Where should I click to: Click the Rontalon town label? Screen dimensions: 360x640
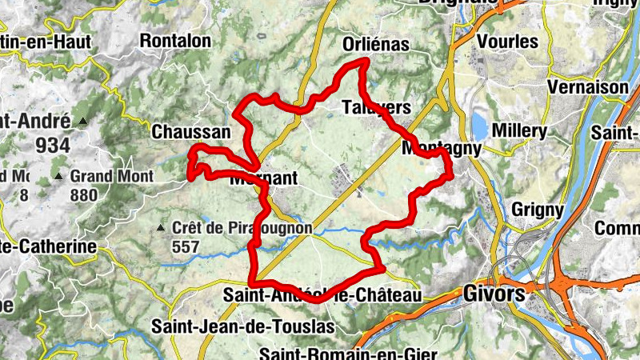[175, 40]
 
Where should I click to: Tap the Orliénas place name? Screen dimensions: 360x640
[374, 44]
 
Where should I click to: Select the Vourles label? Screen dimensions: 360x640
[507, 42]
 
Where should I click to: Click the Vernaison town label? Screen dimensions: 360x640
[589, 86]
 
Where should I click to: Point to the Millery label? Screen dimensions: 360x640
[521, 130]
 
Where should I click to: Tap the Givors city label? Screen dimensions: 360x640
[494, 294]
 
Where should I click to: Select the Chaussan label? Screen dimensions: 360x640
[190, 132]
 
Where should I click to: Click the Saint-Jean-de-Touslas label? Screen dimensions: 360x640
[231, 327]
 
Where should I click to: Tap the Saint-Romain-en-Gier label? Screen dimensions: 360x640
[348, 354]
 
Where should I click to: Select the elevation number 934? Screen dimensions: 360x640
[52, 146]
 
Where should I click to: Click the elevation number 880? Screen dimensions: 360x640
[83, 194]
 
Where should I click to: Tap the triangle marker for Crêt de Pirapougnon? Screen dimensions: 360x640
[161, 229]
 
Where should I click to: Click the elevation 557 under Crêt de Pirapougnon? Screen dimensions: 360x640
[185, 247]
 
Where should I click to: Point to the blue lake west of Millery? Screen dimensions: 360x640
[480, 126]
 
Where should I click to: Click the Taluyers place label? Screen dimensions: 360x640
[376, 107]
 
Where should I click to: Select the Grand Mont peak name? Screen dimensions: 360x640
[106, 176]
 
